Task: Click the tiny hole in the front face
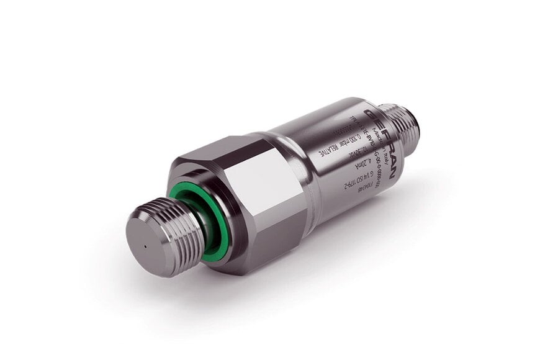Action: (x=145, y=243)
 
